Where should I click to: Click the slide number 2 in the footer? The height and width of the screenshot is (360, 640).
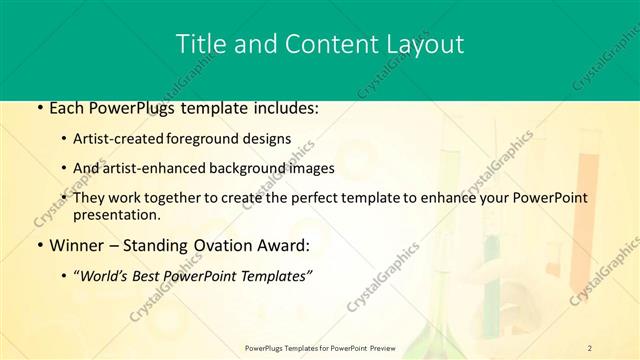(x=590, y=348)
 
